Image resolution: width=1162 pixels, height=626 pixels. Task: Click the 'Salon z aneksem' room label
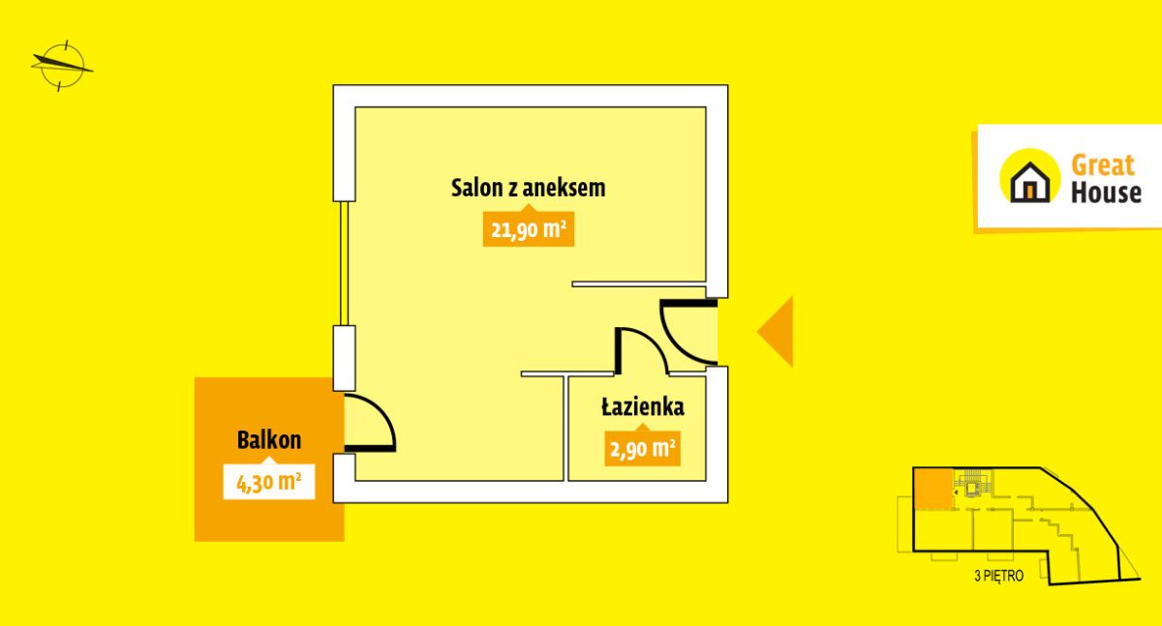[528, 188]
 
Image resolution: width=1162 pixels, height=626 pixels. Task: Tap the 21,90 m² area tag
[528, 228]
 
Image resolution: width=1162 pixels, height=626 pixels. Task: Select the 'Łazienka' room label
[643, 406]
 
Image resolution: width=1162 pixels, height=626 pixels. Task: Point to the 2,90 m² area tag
[642, 448]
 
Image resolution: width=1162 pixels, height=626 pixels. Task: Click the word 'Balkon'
[269, 440]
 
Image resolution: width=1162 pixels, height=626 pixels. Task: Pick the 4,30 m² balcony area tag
[269, 482]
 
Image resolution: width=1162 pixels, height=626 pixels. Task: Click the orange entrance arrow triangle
[775, 332]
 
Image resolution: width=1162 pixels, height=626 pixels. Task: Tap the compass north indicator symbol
[62, 66]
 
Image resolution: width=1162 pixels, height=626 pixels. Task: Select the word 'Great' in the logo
[1103, 165]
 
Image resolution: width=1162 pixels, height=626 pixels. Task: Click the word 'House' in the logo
[1106, 193]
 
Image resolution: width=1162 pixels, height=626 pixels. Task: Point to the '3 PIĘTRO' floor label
[999, 576]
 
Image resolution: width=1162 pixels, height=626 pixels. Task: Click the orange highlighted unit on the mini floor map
[933, 489]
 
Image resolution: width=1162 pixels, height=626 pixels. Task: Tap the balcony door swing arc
[370, 423]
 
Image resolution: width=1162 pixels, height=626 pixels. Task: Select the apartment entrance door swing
[688, 331]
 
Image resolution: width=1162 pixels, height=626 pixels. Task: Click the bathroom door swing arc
[642, 350]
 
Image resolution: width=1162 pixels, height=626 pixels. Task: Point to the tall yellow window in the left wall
[344, 263]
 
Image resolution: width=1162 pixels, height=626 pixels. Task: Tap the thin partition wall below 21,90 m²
[639, 284]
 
